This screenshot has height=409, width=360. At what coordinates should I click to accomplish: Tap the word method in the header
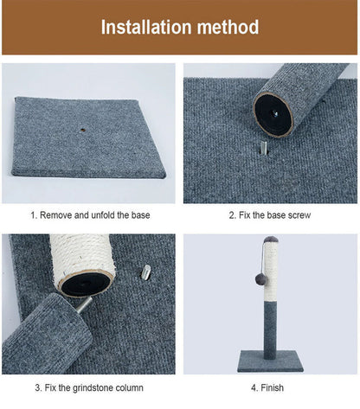pos(227,27)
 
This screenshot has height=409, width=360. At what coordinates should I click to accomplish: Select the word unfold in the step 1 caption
pos(102,214)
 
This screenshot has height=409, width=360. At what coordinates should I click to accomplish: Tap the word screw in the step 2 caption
pos(299,214)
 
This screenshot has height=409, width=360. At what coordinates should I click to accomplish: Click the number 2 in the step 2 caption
pos(231,214)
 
